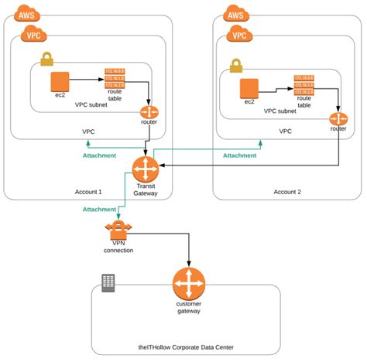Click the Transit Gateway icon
(x=145, y=168)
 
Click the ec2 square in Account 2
(x=249, y=88)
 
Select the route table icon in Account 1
(x=115, y=79)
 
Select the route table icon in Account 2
(x=304, y=86)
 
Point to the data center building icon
(x=108, y=283)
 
